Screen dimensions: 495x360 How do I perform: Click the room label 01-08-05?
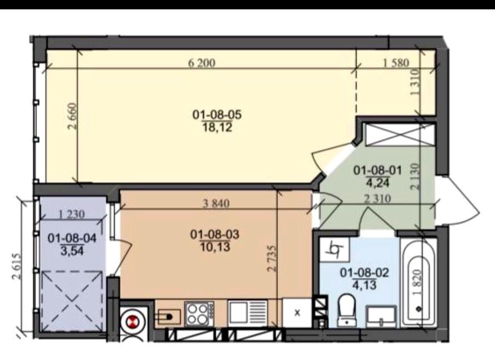tap(217, 115)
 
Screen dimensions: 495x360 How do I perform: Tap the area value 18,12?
tap(217, 128)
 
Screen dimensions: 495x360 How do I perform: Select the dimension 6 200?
tap(201, 63)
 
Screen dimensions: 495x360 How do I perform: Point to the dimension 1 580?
tap(396, 63)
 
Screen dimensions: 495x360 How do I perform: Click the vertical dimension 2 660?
tap(73, 116)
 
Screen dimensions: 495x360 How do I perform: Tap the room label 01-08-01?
tap(378, 171)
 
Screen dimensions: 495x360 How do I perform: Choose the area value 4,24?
tap(378, 183)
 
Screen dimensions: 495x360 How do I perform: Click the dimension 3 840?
tap(216, 203)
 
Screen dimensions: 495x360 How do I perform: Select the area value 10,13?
tap(215, 247)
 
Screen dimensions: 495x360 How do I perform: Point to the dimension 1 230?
tap(72, 214)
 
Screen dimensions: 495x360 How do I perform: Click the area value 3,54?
tap(72, 251)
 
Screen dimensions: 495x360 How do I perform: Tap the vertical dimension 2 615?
tap(17, 266)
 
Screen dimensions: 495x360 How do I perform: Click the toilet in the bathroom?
tap(347, 310)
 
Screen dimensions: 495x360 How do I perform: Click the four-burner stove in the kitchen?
tap(200, 314)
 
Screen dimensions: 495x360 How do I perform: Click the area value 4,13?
tap(364, 285)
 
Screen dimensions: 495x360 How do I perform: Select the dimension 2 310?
tap(377, 199)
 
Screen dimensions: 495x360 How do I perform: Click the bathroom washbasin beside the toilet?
tap(382, 316)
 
